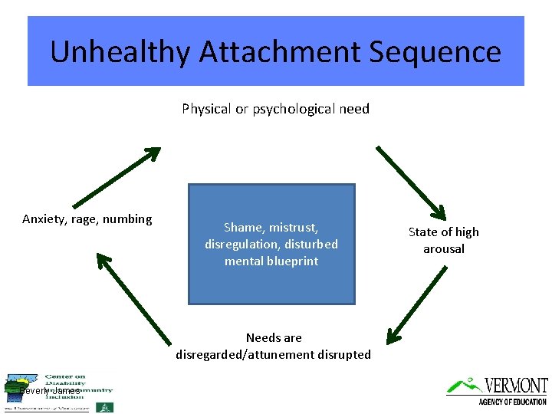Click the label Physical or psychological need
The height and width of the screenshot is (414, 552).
[x=275, y=109]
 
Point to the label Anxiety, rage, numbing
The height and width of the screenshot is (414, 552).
[x=87, y=219]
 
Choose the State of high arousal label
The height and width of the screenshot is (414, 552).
[x=443, y=240]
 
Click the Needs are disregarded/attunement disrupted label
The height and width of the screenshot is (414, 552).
[x=274, y=346]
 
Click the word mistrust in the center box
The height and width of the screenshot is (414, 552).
[x=292, y=228]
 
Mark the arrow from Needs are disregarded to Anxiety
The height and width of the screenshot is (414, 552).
[x=134, y=299]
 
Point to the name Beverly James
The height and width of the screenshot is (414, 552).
[x=50, y=391]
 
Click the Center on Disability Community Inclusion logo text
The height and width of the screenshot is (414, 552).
[x=77, y=386]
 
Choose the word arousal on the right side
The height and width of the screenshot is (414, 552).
[x=444, y=248]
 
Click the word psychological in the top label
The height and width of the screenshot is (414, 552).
[x=289, y=109]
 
